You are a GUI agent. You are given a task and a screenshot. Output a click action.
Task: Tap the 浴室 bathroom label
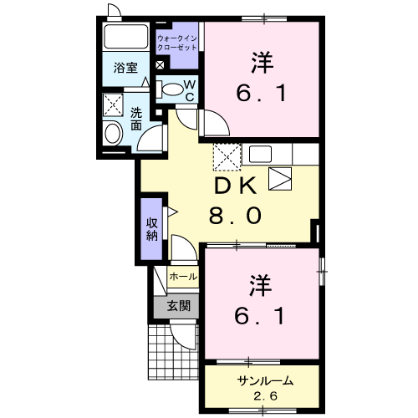point(126,69)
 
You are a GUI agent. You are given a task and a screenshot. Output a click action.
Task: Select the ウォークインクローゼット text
point(177,43)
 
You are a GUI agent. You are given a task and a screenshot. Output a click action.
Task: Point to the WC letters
point(189,90)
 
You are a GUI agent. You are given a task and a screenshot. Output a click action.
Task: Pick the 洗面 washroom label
point(136,118)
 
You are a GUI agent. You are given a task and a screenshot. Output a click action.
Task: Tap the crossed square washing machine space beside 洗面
point(111,105)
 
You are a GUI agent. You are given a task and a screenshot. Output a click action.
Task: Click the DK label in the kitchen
point(235,186)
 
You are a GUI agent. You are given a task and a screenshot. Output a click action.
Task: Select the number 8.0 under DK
point(235,216)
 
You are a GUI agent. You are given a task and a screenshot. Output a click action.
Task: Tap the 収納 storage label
point(152,228)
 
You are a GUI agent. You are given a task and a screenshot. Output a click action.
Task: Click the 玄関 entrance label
point(177,305)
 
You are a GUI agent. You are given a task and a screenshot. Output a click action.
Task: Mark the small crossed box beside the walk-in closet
point(161,65)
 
